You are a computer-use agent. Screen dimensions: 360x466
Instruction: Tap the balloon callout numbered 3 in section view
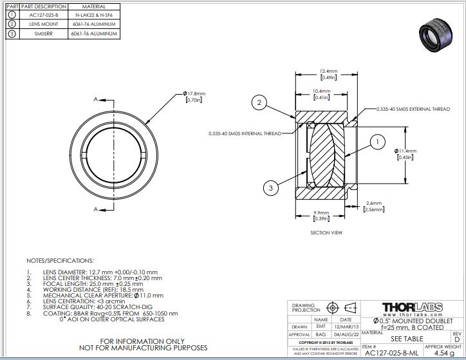pyautogui.click(x=271, y=187)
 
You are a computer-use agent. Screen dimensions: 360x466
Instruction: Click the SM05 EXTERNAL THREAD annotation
pyautogui.click(x=413, y=109)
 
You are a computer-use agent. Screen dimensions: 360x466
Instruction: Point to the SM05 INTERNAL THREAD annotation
pyautogui.click(x=245, y=133)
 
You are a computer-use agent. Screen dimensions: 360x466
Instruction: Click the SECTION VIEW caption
pyautogui.click(x=326, y=232)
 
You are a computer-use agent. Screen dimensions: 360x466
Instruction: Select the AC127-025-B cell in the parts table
pyautogui.click(x=44, y=14)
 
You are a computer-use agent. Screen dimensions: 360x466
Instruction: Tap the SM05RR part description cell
pyautogui.click(x=44, y=33)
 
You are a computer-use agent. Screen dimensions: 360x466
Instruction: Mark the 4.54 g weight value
pyautogui.click(x=443, y=352)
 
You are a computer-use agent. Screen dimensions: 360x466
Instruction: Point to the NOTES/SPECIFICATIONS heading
pyautogui.click(x=60, y=261)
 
